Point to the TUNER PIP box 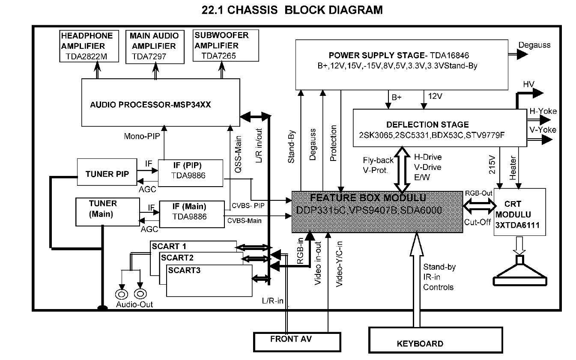(x=105, y=173)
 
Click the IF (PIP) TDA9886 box (x=191, y=173)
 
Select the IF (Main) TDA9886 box (x=192, y=213)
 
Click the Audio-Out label (x=134, y=304)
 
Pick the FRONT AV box (x=291, y=340)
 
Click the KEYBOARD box (x=420, y=342)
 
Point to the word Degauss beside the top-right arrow (x=534, y=45)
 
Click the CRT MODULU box (x=520, y=212)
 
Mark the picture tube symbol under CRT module (x=519, y=272)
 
